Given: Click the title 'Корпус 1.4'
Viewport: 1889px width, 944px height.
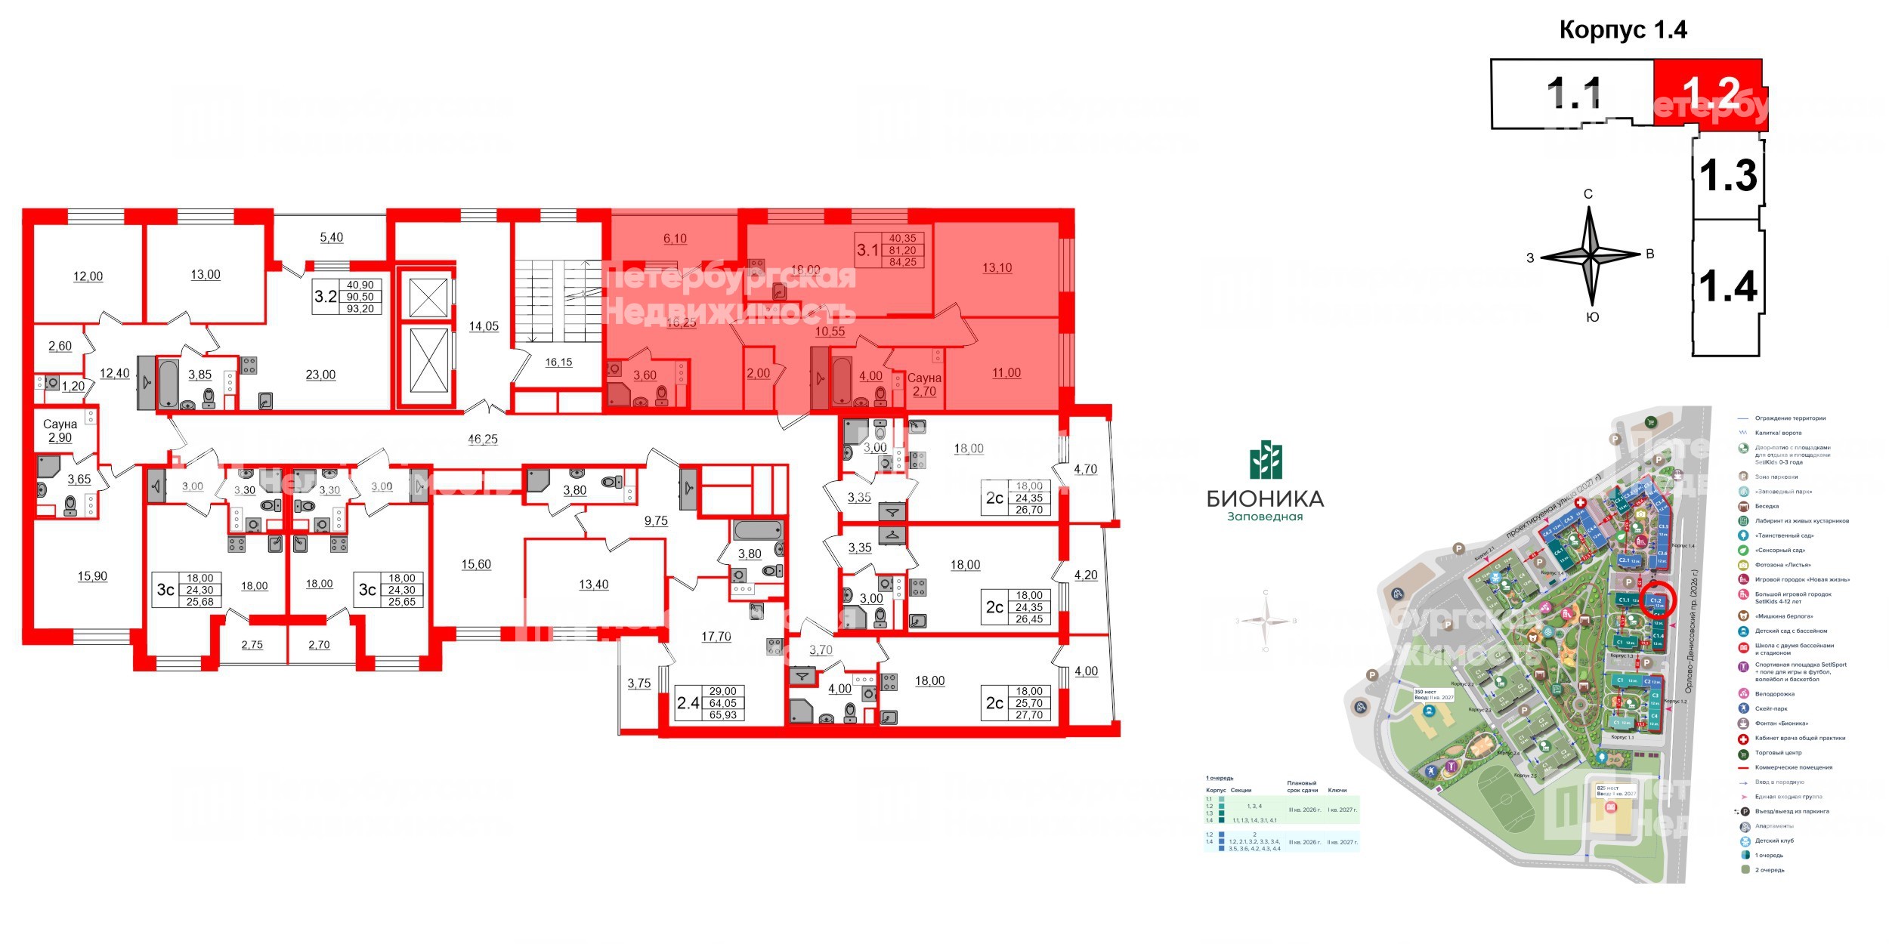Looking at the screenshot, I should pyautogui.click(x=1622, y=29).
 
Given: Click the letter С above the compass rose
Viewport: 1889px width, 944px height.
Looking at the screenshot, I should pyautogui.click(x=1588, y=194).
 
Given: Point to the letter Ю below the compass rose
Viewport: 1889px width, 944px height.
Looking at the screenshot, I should pyautogui.click(x=1592, y=318).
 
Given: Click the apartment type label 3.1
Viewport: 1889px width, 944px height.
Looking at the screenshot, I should pyautogui.click(x=867, y=249).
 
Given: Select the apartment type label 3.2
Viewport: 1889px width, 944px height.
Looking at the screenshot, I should pyautogui.click(x=325, y=296).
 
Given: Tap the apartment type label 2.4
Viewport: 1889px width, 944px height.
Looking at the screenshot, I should pyautogui.click(x=688, y=703).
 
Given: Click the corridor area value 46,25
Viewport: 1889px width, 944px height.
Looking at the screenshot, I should pyautogui.click(x=483, y=439).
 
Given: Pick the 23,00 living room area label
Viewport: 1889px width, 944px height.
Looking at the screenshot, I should pyautogui.click(x=320, y=375).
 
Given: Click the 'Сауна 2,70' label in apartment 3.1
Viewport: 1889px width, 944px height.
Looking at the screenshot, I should pyautogui.click(x=924, y=384).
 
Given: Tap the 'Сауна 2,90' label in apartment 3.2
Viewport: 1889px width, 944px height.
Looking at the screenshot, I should pyautogui.click(x=60, y=430).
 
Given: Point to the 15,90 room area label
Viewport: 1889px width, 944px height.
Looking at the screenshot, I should pyautogui.click(x=92, y=576).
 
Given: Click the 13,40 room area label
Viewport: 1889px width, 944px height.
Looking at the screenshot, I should pyautogui.click(x=593, y=585).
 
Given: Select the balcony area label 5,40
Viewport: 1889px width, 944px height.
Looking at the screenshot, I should pyautogui.click(x=331, y=237).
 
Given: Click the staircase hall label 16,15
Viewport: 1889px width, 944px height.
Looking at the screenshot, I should pyautogui.click(x=558, y=362).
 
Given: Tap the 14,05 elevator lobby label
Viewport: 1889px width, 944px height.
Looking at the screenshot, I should pyautogui.click(x=484, y=326).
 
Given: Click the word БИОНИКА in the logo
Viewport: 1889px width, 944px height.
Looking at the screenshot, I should pyautogui.click(x=1265, y=498).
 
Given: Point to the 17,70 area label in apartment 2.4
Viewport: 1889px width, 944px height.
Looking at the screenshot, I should pyautogui.click(x=716, y=637).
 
